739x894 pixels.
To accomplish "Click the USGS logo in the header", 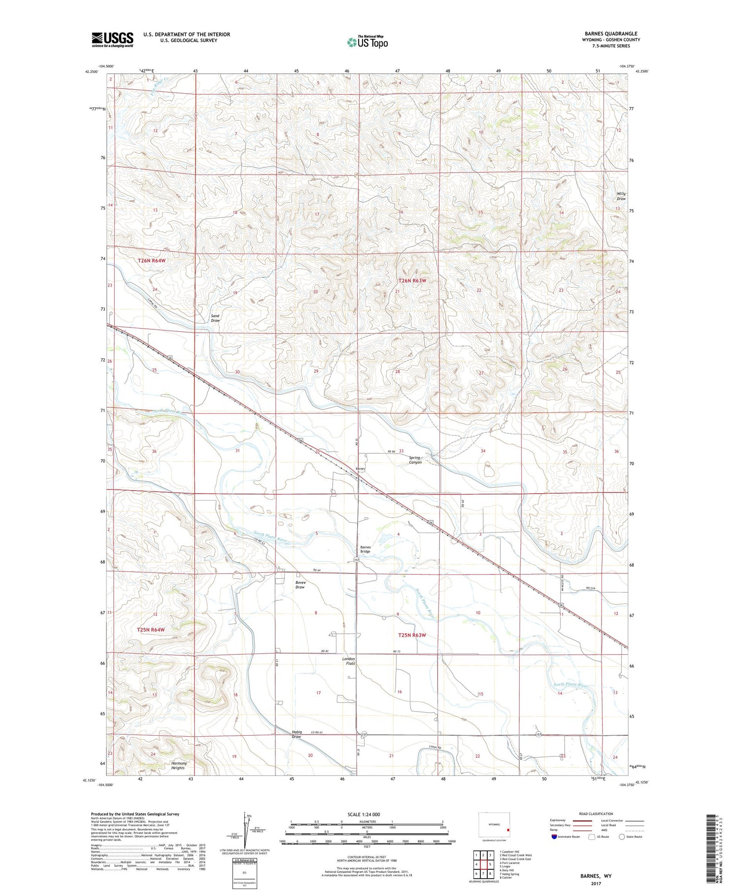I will tap(112, 39).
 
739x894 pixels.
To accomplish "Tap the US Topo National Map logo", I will tap(367, 42).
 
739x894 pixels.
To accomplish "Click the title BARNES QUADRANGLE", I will tap(610, 34).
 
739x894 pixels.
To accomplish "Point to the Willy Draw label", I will tap(621, 196).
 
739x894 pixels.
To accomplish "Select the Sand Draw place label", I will tap(215, 318).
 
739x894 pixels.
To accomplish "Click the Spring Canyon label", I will tap(415, 460).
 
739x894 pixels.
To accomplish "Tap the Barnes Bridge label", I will tap(365, 549).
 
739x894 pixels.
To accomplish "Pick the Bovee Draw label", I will tap(300, 585).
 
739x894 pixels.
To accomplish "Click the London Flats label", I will tap(348, 661).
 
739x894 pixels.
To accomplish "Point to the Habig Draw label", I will tap(296, 734).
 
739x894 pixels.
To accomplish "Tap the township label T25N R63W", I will tap(411, 635).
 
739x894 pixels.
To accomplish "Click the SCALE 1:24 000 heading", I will tap(364, 814).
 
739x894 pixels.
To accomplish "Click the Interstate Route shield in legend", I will tap(554, 837).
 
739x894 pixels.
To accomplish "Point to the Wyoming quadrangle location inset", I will tap(494, 825).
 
